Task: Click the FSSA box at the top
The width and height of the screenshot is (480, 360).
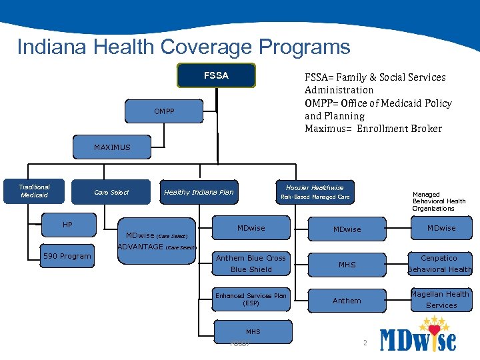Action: click(216, 75)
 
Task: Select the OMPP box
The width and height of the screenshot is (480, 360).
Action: click(165, 111)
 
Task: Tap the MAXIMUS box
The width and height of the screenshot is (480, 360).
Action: click(112, 147)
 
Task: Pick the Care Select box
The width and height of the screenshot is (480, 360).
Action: click(111, 193)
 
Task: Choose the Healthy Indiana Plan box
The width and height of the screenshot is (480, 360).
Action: click(199, 193)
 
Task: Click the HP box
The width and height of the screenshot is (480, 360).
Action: click(67, 225)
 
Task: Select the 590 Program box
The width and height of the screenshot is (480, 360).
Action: click(67, 256)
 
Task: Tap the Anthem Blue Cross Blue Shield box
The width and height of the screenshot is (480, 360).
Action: click(251, 263)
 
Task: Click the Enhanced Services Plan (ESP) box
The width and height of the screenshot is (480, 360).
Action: click(251, 299)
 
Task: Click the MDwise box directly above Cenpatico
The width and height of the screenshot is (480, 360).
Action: click(441, 228)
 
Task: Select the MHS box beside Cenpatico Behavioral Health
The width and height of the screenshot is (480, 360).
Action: click(347, 265)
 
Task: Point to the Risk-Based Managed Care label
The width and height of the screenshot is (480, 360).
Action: click(315, 197)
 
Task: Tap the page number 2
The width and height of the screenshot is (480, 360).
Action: click(365, 343)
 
